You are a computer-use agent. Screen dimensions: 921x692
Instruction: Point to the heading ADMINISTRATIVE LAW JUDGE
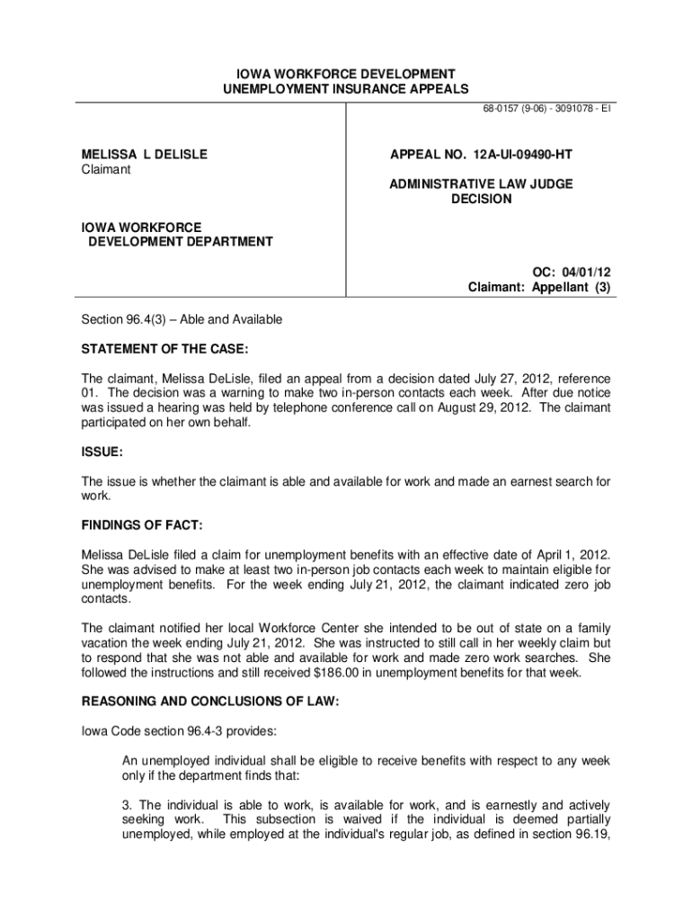[x=481, y=184]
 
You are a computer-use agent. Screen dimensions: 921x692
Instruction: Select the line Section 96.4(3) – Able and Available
[x=182, y=319]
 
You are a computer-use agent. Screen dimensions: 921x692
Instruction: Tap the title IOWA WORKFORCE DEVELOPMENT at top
[x=346, y=73]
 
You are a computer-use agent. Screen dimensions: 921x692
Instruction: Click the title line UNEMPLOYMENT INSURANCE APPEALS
[x=346, y=88]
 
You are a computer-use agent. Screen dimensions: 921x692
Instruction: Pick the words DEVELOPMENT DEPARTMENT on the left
[x=180, y=242]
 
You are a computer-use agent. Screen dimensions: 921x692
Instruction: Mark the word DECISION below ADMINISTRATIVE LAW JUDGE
[x=481, y=199]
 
